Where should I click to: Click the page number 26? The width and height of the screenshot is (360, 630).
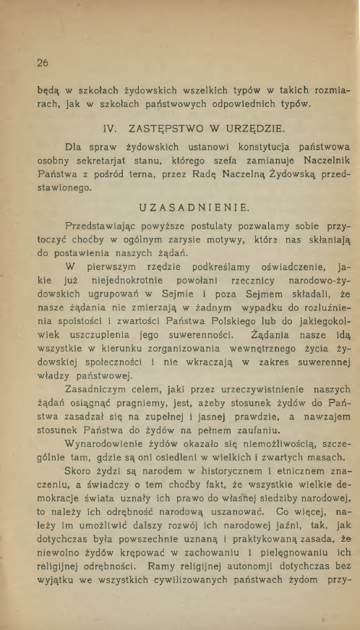click(33, 62)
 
